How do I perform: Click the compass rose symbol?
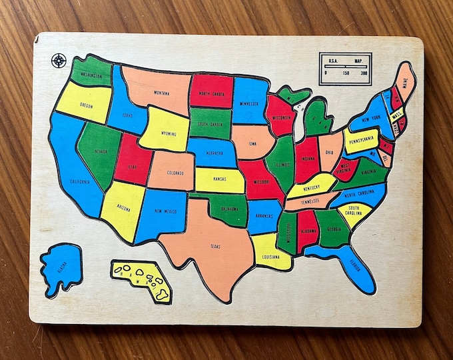pyautogui.click(x=59, y=61)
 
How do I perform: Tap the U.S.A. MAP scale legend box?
pyautogui.click(x=344, y=69)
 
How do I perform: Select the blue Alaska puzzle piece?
pyautogui.click(x=61, y=267)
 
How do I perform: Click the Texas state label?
pyautogui.click(x=215, y=247)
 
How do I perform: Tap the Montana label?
pyautogui.click(x=161, y=93)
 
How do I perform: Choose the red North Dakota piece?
pyautogui.click(x=211, y=91)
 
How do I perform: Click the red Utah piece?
pyautogui.click(x=133, y=160)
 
